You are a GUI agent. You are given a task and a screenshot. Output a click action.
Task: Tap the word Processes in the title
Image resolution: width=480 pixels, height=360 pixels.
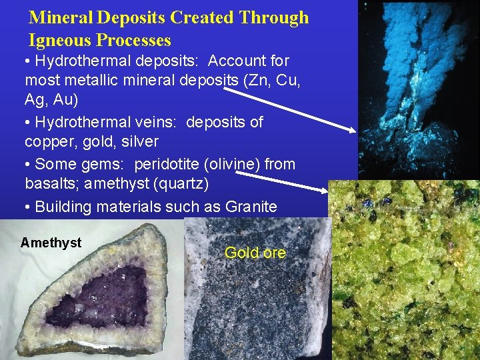(133, 40)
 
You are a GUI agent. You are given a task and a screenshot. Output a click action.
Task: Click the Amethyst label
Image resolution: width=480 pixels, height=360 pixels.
(51, 243)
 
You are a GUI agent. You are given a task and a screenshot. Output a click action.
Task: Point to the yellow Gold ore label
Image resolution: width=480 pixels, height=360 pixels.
(255, 253)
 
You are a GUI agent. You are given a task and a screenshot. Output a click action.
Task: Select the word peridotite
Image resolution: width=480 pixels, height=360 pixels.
(166, 164)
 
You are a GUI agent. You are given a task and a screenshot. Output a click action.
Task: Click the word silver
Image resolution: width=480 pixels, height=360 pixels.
(137, 141)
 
